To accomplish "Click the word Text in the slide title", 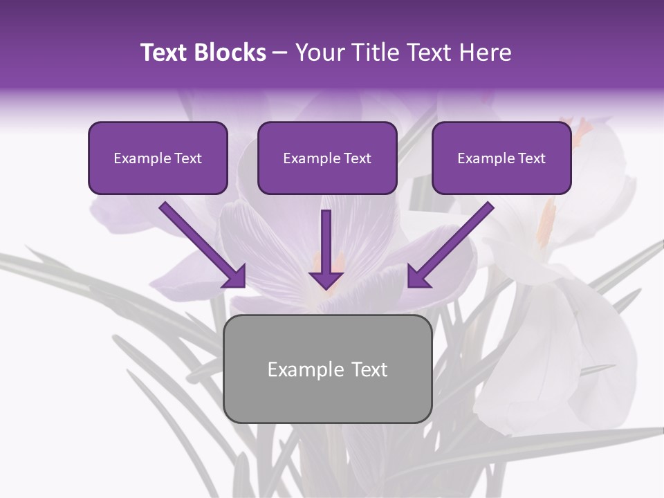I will coord(163,53).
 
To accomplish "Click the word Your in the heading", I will coord(319,53).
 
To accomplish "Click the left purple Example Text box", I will coord(158,158).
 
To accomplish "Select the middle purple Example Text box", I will coord(327,158).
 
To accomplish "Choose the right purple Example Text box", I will coord(501,158).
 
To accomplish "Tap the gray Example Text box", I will coord(327,369).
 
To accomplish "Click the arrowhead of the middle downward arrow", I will coord(326,279).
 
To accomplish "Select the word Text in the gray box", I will coord(369,369).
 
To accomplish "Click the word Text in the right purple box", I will coord(532,158).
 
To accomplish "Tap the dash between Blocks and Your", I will coord(281,53).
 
